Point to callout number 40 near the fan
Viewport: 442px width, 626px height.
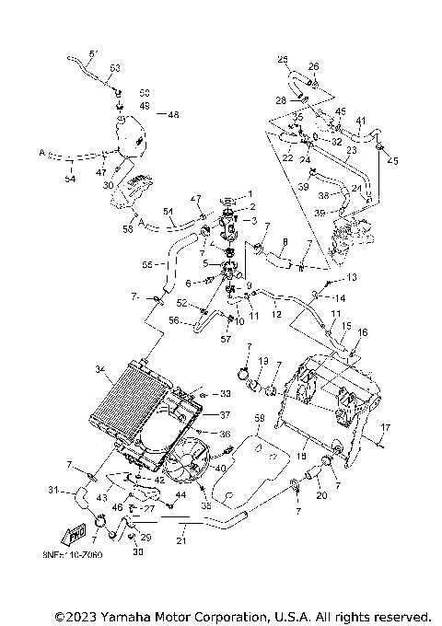click(x=219, y=469)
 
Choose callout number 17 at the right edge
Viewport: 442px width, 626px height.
click(x=387, y=427)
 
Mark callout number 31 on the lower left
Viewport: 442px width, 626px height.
click(x=53, y=490)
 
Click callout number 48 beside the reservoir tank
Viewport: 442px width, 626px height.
click(x=173, y=114)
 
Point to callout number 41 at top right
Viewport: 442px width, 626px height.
click(x=361, y=122)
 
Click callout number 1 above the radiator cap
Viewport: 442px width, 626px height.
click(x=250, y=193)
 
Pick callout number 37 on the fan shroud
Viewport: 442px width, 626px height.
click(x=225, y=414)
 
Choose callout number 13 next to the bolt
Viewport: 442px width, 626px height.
click(x=351, y=277)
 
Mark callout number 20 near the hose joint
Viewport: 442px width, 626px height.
click(x=322, y=496)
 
